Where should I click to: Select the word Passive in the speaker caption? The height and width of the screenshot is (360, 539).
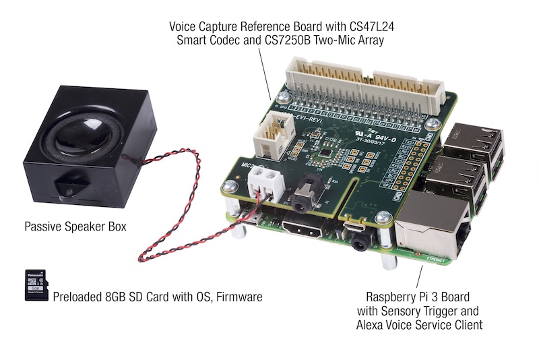(42, 227)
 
